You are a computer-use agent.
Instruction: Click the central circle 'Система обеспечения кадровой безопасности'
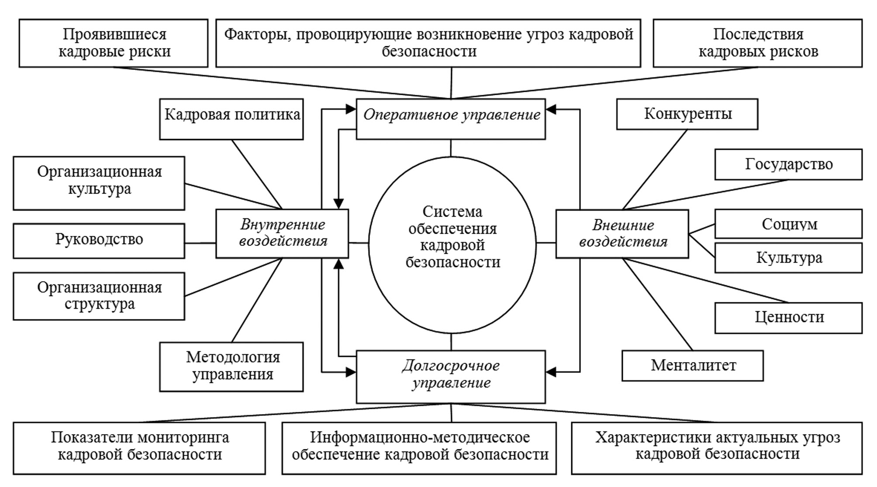(452, 245)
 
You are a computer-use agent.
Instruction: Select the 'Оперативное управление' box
(451, 119)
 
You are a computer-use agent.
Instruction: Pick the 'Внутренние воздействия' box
(282, 234)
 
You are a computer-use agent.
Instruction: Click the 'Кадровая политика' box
(231, 119)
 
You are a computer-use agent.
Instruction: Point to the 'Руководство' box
(99, 241)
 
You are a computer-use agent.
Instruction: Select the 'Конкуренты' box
(687, 114)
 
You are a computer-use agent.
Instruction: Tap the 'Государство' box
(788, 164)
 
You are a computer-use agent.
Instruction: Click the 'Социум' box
(788, 224)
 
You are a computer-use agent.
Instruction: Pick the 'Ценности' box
(788, 318)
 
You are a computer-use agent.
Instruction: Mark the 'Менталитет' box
(693, 365)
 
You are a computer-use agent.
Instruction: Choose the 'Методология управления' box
(231, 366)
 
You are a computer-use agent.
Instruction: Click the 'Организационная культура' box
(99, 183)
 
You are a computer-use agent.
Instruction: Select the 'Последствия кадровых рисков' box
(758, 43)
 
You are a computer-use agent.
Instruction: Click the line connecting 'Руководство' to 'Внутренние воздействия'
(200, 243)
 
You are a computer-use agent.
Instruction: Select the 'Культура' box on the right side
(788, 258)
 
